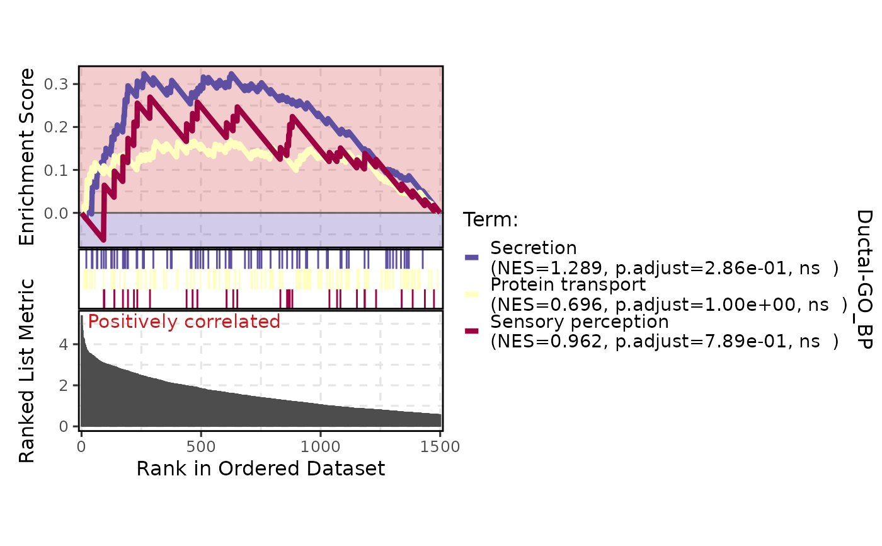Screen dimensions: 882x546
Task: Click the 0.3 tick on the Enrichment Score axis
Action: pos(56,84)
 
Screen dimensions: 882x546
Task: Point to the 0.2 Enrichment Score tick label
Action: pos(56,127)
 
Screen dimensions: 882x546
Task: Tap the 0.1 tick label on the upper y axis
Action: pos(56,170)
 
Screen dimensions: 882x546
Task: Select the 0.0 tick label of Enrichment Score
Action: pos(56,213)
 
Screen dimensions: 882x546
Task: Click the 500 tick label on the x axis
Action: pos(201,447)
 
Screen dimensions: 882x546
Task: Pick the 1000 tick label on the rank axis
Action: pos(320,447)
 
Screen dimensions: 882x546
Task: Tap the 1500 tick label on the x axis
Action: pos(440,447)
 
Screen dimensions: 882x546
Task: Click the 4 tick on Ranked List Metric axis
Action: pos(64,345)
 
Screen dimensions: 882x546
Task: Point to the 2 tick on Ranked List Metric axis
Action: pos(64,386)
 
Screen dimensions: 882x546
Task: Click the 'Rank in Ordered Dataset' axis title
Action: pos(261,469)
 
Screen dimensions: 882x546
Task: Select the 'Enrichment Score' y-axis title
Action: pos(26,157)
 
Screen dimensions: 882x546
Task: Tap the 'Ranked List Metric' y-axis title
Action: pos(26,371)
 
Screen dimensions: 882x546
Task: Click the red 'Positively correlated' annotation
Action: pos(184,322)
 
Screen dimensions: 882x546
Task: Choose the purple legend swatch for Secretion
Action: pos(472,257)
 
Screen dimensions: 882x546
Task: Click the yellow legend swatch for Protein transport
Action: pos(472,294)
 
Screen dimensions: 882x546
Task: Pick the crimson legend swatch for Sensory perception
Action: pos(472,331)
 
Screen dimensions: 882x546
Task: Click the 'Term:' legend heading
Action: pos(490,219)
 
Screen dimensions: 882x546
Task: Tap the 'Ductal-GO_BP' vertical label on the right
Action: pos(864,280)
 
